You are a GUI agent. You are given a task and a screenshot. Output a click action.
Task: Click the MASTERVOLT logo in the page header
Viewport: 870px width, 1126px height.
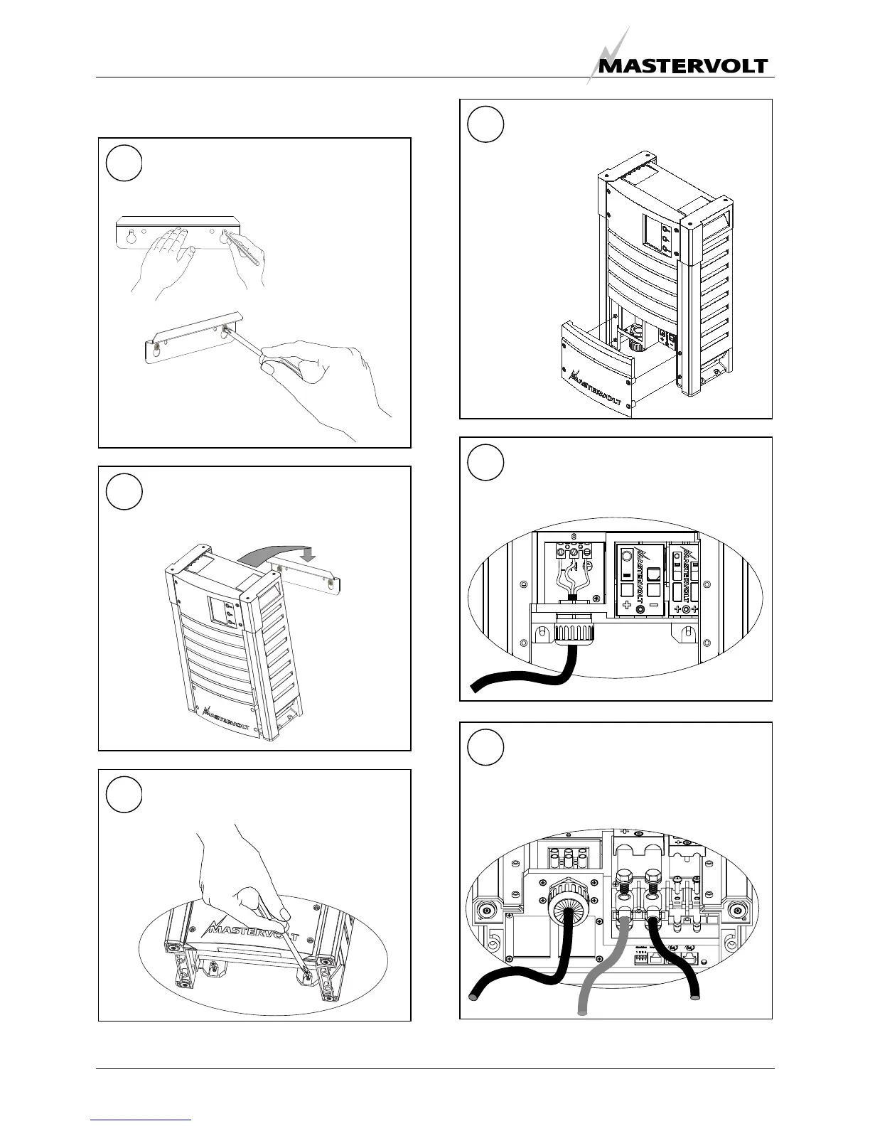tap(681, 65)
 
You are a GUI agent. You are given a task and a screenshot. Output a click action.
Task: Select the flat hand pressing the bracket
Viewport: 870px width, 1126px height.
tap(162, 252)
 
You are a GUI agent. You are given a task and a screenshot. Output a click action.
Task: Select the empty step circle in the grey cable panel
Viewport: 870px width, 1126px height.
tap(486, 746)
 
